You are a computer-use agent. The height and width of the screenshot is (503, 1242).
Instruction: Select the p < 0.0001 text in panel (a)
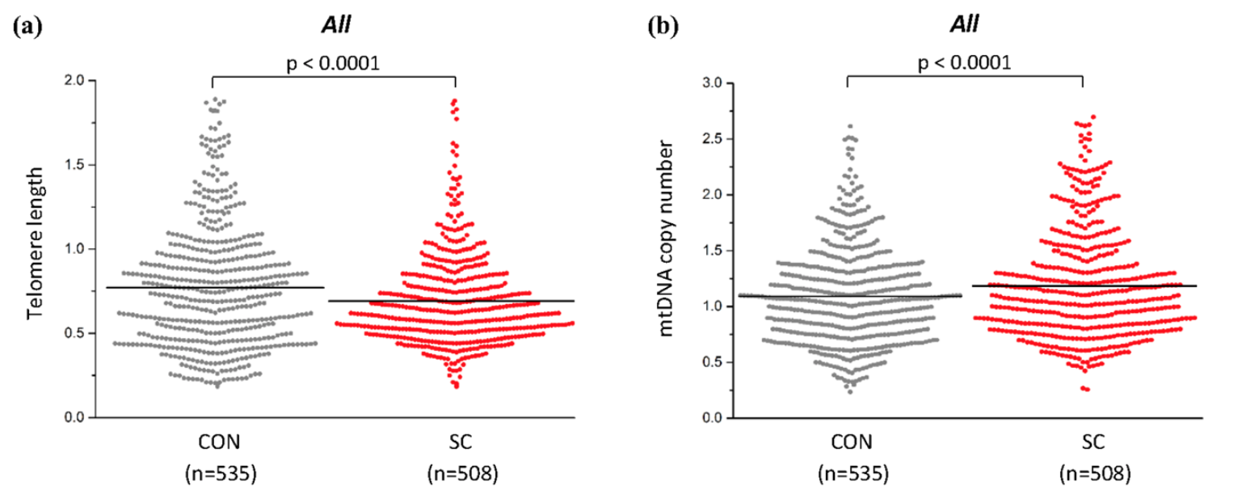[334, 63]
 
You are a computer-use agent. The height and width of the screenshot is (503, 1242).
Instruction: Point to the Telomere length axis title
[36, 249]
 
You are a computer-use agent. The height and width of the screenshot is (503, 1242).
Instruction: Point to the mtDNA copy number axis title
[670, 249]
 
